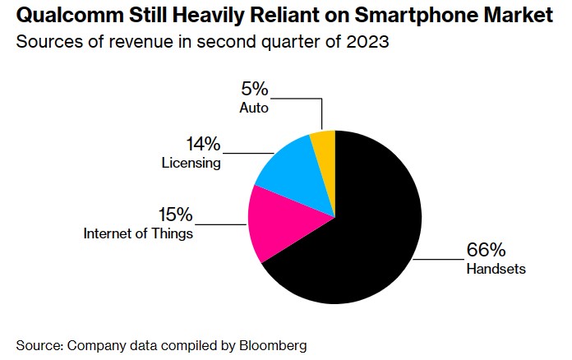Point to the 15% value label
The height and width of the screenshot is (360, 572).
[x=175, y=215]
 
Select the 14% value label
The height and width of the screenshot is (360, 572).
[x=204, y=145]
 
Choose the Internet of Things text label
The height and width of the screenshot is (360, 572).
[x=138, y=233]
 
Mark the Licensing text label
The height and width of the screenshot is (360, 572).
[x=191, y=163]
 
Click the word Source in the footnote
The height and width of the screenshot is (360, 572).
[x=37, y=345]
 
